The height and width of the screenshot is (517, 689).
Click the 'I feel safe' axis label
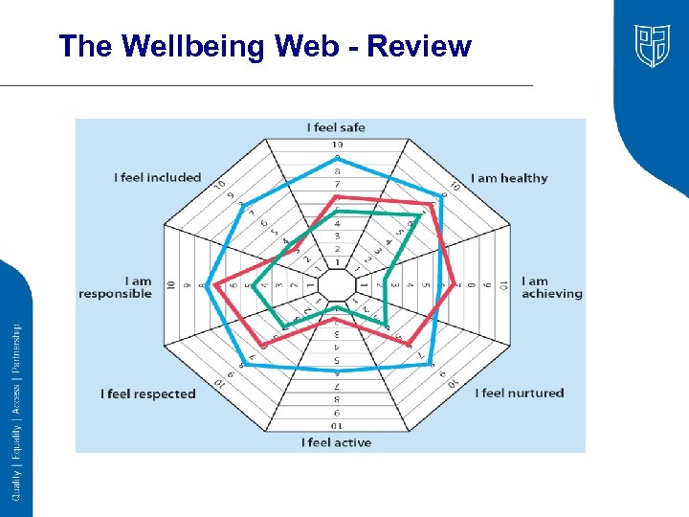[x=336, y=127]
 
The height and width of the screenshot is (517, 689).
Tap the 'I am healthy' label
[x=510, y=178]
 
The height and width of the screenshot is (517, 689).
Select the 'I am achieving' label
[x=551, y=287]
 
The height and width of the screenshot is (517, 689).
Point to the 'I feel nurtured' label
[x=522, y=393]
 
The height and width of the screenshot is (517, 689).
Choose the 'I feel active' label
[x=336, y=442]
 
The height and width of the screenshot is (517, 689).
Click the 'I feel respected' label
[x=148, y=393]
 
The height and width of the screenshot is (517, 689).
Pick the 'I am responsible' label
[x=116, y=287]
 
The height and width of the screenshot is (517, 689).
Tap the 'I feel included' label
[x=158, y=177]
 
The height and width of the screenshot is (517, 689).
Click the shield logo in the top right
[x=652, y=45]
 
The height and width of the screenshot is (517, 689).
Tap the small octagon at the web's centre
[x=336, y=284]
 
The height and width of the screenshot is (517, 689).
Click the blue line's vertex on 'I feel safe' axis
[x=336, y=157]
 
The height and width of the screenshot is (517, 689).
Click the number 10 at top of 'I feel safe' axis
[x=337, y=145]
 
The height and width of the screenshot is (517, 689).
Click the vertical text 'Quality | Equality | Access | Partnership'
[x=16, y=411]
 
